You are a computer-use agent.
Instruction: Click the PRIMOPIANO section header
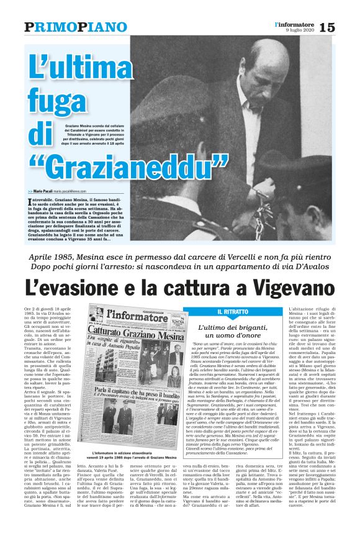(67, 27)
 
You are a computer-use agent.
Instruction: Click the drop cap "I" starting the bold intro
(30, 201)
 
